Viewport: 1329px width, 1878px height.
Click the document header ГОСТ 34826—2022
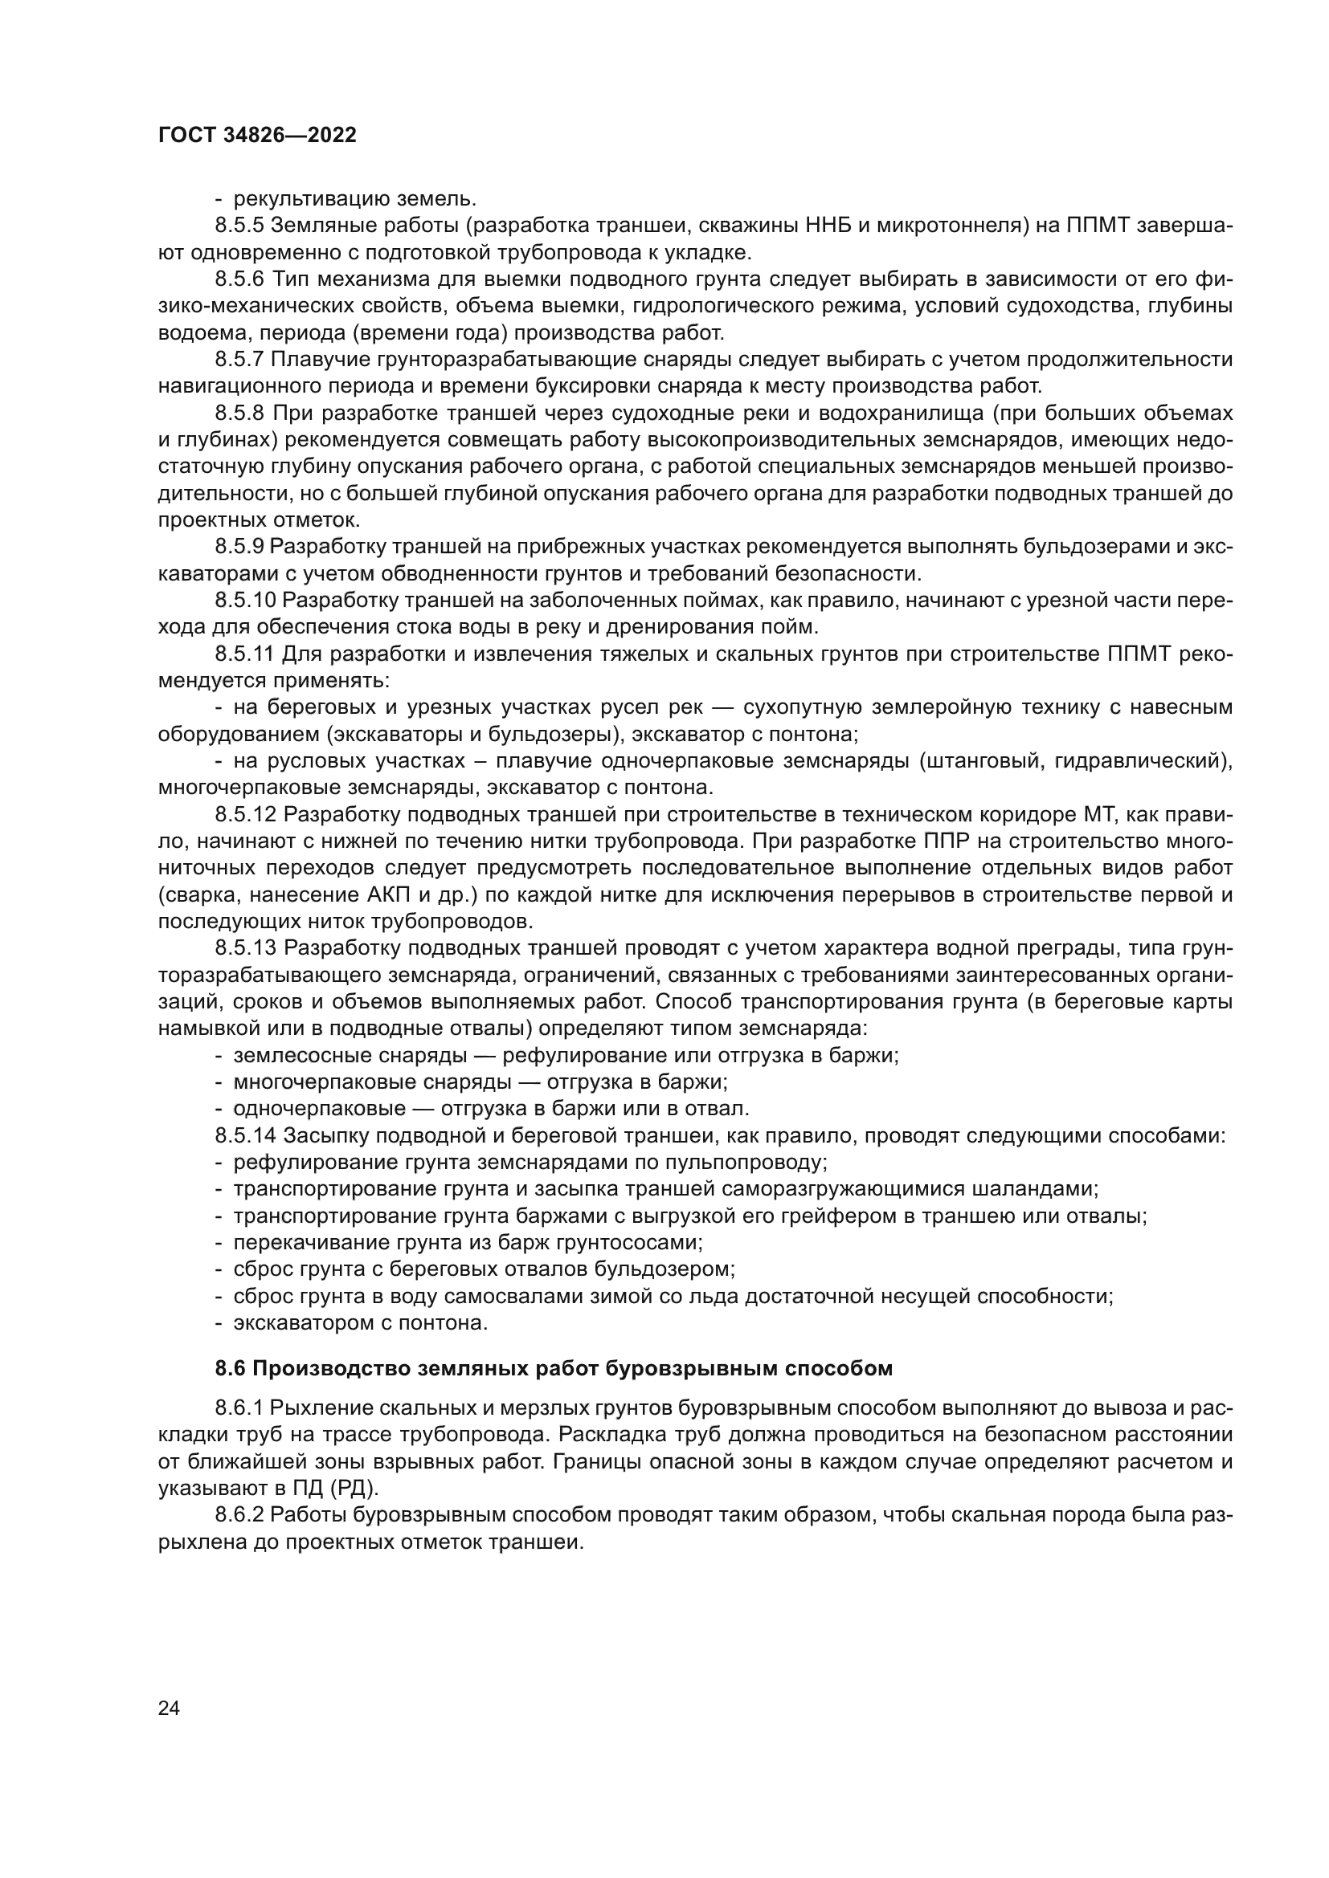tap(257, 136)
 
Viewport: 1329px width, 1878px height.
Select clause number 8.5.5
tap(239, 225)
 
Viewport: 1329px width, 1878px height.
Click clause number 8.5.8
tap(239, 413)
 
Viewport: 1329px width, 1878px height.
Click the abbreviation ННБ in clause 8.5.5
tap(830, 225)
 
